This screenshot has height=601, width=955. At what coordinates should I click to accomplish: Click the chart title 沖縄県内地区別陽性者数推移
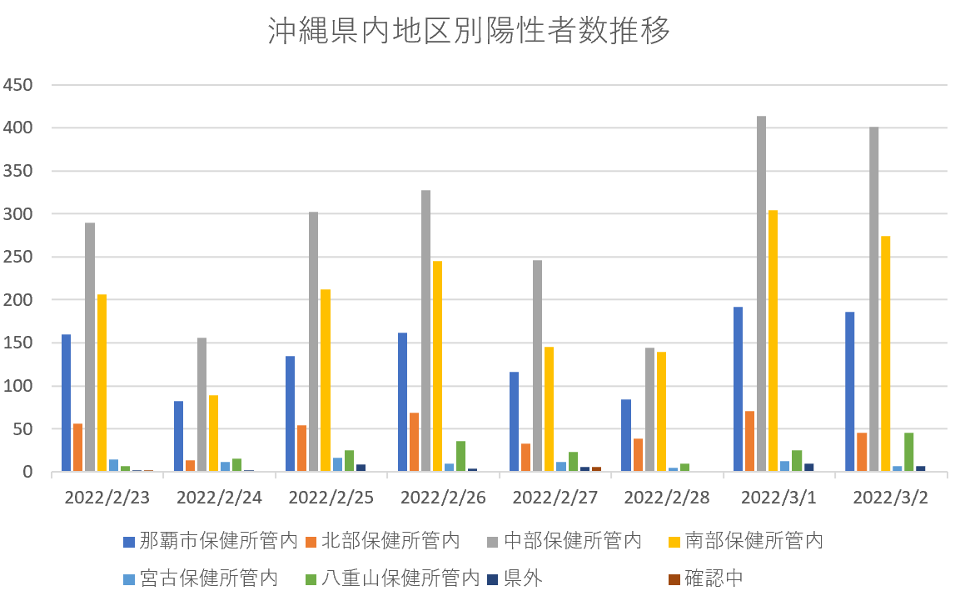(x=469, y=32)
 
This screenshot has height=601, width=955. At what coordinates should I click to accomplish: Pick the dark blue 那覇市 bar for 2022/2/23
(x=66, y=403)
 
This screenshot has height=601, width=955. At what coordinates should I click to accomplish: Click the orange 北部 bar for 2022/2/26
(x=414, y=442)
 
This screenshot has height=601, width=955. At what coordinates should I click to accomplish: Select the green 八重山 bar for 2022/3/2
(x=908, y=452)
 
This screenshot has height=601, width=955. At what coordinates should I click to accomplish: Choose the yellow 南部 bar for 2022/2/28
(x=661, y=412)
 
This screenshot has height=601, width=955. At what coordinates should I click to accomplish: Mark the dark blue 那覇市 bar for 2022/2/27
(x=514, y=422)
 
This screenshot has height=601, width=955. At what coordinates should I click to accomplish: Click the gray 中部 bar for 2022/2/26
(x=425, y=331)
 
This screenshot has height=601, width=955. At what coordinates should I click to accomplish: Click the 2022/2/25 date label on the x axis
(x=331, y=498)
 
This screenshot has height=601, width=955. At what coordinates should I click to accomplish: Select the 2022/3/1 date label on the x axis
(x=778, y=498)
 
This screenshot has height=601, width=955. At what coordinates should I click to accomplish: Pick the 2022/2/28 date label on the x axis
(x=666, y=498)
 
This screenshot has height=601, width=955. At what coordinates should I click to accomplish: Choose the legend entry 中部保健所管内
(x=563, y=541)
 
